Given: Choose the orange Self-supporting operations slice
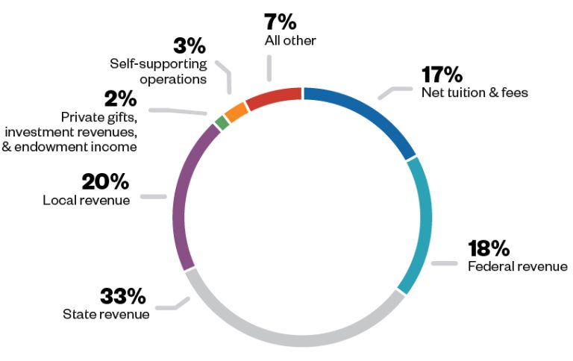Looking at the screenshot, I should (x=236, y=111).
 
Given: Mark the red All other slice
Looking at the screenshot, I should (x=273, y=97).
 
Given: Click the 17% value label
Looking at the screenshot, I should (x=442, y=75).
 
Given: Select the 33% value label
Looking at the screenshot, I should (x=122, y=295).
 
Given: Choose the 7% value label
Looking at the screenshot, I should (x=280, y=22).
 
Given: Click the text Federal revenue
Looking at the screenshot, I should (x=517, y=266).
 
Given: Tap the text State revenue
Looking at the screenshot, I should (x=106, y=313).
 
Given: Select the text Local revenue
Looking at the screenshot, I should (x=86, y=200).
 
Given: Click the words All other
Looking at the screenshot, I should (x=290, y=40).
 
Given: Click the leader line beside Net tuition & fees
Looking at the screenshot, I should (x=395, y=91).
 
